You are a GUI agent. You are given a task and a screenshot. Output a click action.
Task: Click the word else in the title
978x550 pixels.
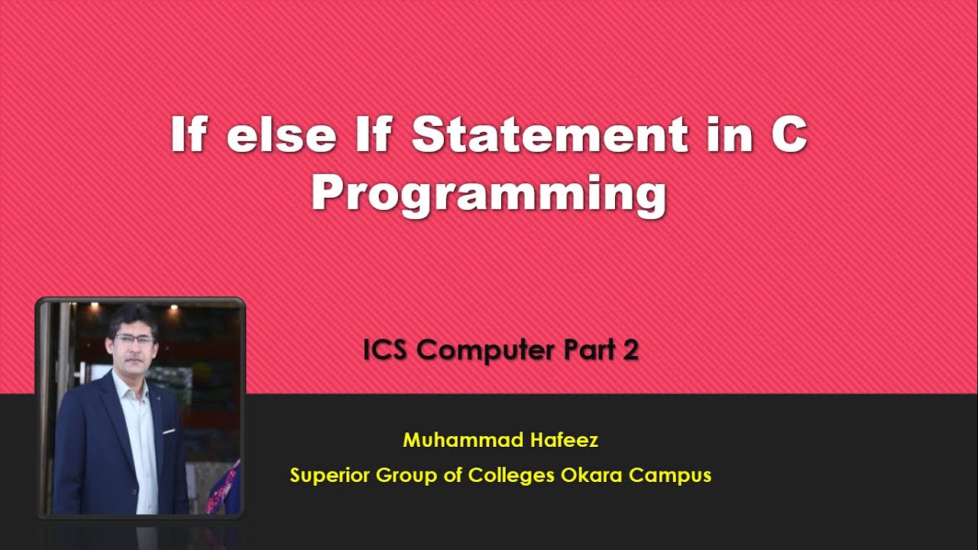(x=281, y=136)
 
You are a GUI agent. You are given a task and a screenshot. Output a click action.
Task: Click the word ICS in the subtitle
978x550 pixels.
(x=387, y=351)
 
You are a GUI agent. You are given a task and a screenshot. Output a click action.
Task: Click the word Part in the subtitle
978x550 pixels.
(x=591, y=351)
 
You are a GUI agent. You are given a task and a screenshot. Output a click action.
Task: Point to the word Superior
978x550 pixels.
(x=329, y=475)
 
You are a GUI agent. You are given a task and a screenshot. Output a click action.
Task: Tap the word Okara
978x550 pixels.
(x=592, y=475)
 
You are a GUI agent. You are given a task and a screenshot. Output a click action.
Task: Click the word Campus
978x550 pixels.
(x=670, y=475)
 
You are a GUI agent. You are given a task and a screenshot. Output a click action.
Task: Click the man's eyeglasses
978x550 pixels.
(x=134, y=339)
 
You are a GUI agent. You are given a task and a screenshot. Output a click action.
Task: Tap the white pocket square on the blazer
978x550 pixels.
(x=168, y=432)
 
